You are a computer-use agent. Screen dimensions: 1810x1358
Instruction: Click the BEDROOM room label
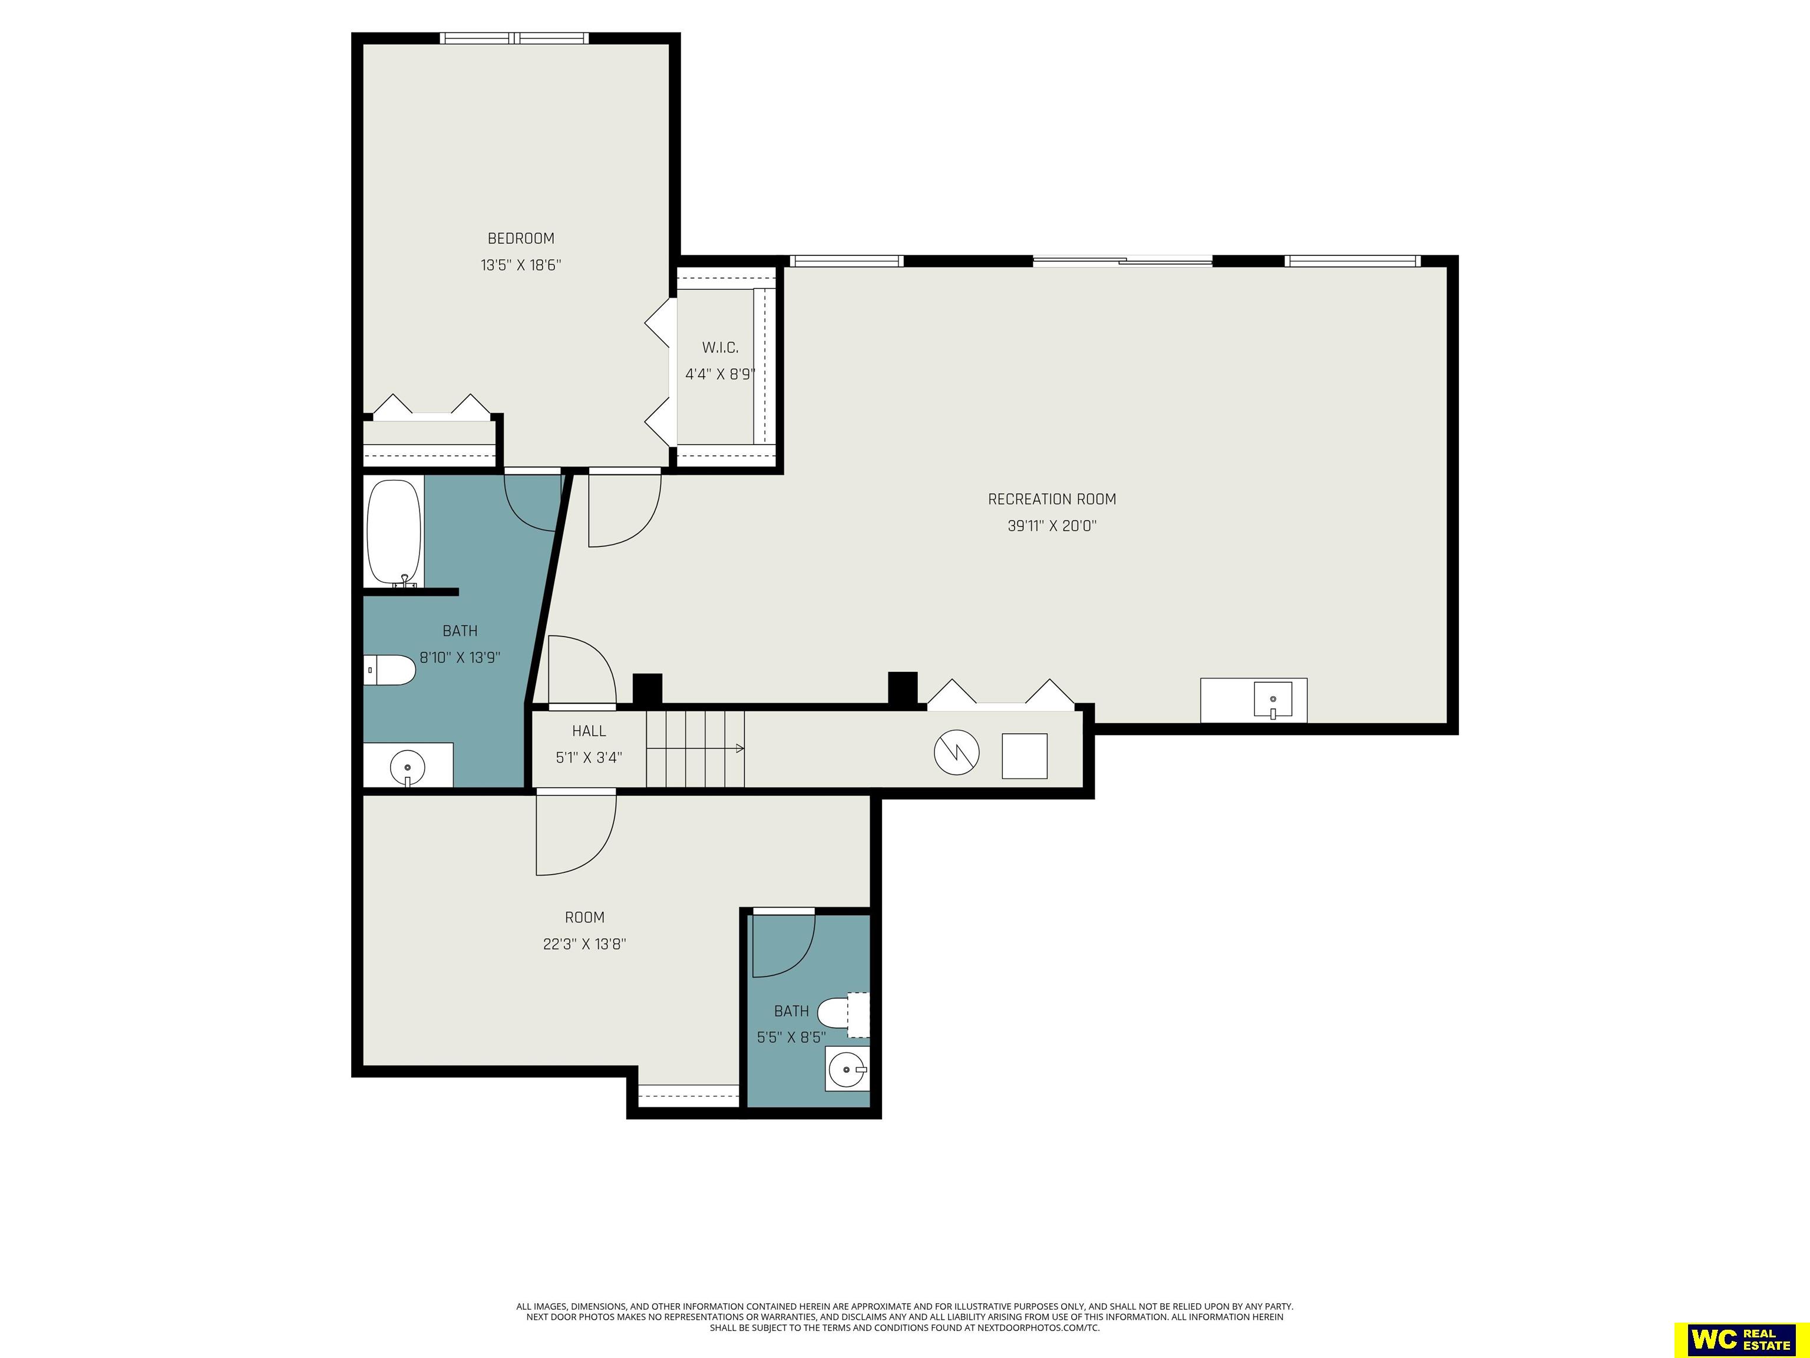520,238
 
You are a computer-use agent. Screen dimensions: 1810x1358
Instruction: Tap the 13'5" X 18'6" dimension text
520,265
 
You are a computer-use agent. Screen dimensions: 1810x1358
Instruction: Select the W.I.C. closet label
720,348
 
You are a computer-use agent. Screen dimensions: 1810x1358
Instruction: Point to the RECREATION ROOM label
1052,499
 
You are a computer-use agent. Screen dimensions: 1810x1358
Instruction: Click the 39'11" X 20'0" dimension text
1052,526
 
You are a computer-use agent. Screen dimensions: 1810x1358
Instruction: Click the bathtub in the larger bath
394,533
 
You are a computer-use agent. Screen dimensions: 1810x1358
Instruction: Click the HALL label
589,731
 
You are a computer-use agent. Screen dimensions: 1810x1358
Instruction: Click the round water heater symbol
956,752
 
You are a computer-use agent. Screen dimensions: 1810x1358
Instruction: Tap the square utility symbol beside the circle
1025,756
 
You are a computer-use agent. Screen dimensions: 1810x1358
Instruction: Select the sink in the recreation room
1273,700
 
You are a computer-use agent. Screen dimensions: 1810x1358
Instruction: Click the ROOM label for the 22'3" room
584,918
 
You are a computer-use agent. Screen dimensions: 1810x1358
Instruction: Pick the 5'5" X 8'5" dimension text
791,1038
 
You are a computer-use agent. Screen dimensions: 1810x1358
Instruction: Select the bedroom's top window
514,38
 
